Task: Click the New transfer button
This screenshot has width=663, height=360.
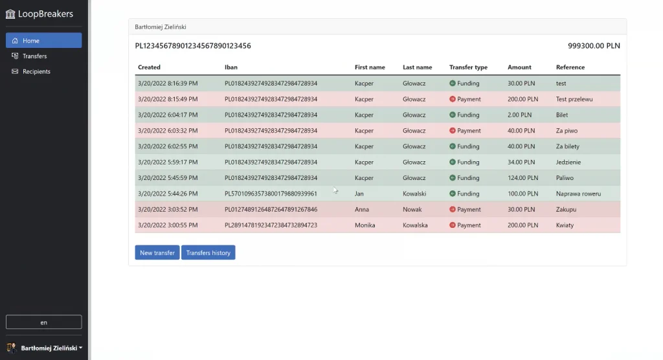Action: coord(157,253)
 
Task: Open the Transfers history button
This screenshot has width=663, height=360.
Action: coord(208,253)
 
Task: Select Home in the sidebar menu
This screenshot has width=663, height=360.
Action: coord(43,41)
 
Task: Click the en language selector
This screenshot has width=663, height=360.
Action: coord(43,322)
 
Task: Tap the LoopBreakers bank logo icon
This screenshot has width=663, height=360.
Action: coord(10,14)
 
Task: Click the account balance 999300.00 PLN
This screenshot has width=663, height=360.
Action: coord(594,46)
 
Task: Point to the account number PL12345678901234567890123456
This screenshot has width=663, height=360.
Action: coord(193,46)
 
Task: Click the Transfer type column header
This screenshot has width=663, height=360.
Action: coord(468,67)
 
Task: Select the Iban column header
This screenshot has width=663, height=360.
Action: coord(231,67)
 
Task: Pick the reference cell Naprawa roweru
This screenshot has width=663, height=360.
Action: coord(578,194)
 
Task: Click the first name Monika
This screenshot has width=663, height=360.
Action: coord(365,225)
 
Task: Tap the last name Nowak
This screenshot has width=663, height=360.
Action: coord(412,209)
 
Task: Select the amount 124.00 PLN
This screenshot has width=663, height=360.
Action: coord(523,178)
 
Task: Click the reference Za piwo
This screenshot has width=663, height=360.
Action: coord(567,131)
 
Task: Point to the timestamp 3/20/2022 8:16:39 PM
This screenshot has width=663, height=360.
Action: coord(168,84)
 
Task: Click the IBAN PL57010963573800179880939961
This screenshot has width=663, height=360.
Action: coord(271,194)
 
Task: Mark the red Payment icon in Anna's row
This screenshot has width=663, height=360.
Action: coord(453,209)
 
